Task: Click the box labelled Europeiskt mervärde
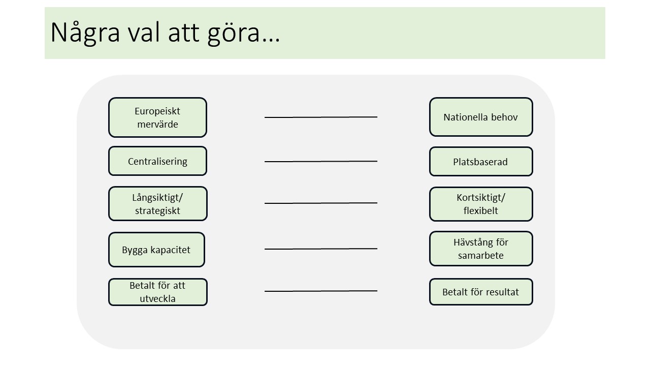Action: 157,117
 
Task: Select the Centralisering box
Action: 157,161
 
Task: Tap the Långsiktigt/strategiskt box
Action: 158,204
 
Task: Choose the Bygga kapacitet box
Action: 157,250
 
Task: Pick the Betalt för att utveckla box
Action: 158,292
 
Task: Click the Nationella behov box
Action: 481,117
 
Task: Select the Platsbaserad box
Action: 481,162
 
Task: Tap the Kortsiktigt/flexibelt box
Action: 481,204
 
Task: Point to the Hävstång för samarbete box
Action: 481,249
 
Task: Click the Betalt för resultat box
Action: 481,292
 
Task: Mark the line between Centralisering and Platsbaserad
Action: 320,161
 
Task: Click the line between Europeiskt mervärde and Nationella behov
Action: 320,117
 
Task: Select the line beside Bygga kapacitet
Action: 320,249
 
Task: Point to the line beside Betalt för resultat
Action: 320,291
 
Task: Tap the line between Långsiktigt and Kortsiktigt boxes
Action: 320,203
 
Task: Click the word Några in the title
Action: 85,32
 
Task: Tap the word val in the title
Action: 144,32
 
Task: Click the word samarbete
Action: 480,255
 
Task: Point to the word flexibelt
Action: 480,210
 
